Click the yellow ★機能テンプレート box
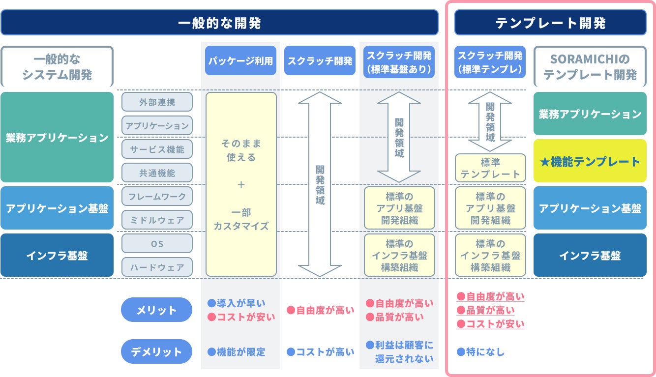[x=590, y=161]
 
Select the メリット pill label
[x=156, y=310]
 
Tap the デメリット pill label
[x=156, y=352]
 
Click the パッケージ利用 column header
[x=240, y=61]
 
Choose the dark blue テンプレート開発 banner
[x=550, y=23]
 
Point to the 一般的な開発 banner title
[x=219, y=23]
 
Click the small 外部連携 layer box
[x=157, y=102]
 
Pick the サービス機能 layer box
[x=157, y=149]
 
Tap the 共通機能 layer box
[x=157, y=173]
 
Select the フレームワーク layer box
[x=157, y=196]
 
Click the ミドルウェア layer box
[x=157, y=220]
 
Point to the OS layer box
[x=157, y=243]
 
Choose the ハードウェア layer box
[x=157, y=267]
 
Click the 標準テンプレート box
[x=490, y=168]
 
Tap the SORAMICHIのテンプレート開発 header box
[x=590, y=67]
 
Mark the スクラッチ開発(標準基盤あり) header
[x=399, y=61]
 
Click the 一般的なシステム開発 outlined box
[x=57, y=67]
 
